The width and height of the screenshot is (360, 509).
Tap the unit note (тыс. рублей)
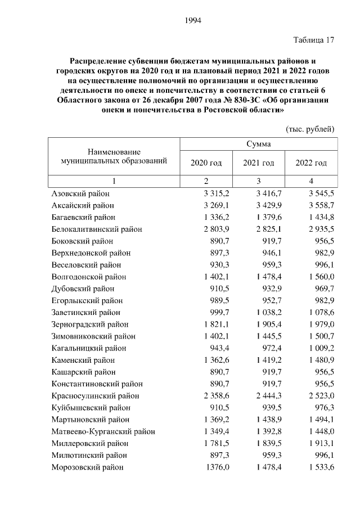point(310,129)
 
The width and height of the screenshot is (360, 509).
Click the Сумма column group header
point(258,144)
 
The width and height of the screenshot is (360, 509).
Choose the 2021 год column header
point(258,163)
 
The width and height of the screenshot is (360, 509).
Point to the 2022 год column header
point(311,163)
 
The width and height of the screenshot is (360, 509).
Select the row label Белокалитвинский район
point(97,229)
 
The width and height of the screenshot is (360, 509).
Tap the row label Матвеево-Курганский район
point(103,431)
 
